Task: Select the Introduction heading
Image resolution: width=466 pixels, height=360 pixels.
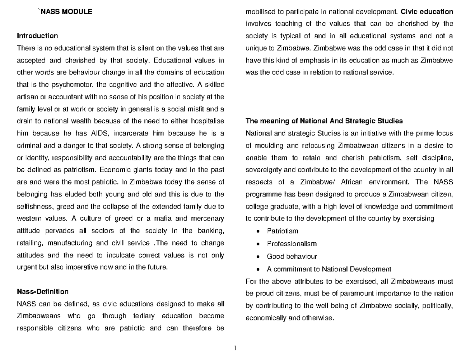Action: [37, 36]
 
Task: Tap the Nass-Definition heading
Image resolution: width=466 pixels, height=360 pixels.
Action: [43, 292]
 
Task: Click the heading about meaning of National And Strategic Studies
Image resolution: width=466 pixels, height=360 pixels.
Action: [324, 121]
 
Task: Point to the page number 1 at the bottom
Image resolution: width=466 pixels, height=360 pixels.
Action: [235, 348]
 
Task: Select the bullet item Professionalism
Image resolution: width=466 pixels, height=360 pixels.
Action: [292, 244]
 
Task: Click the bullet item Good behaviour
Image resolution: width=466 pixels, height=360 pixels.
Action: [292, 257]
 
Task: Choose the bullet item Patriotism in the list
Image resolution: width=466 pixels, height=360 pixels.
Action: [282, 231]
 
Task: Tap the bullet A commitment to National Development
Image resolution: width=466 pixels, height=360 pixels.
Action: [329, 269]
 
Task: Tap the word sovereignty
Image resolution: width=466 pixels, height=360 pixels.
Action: [264, 170]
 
